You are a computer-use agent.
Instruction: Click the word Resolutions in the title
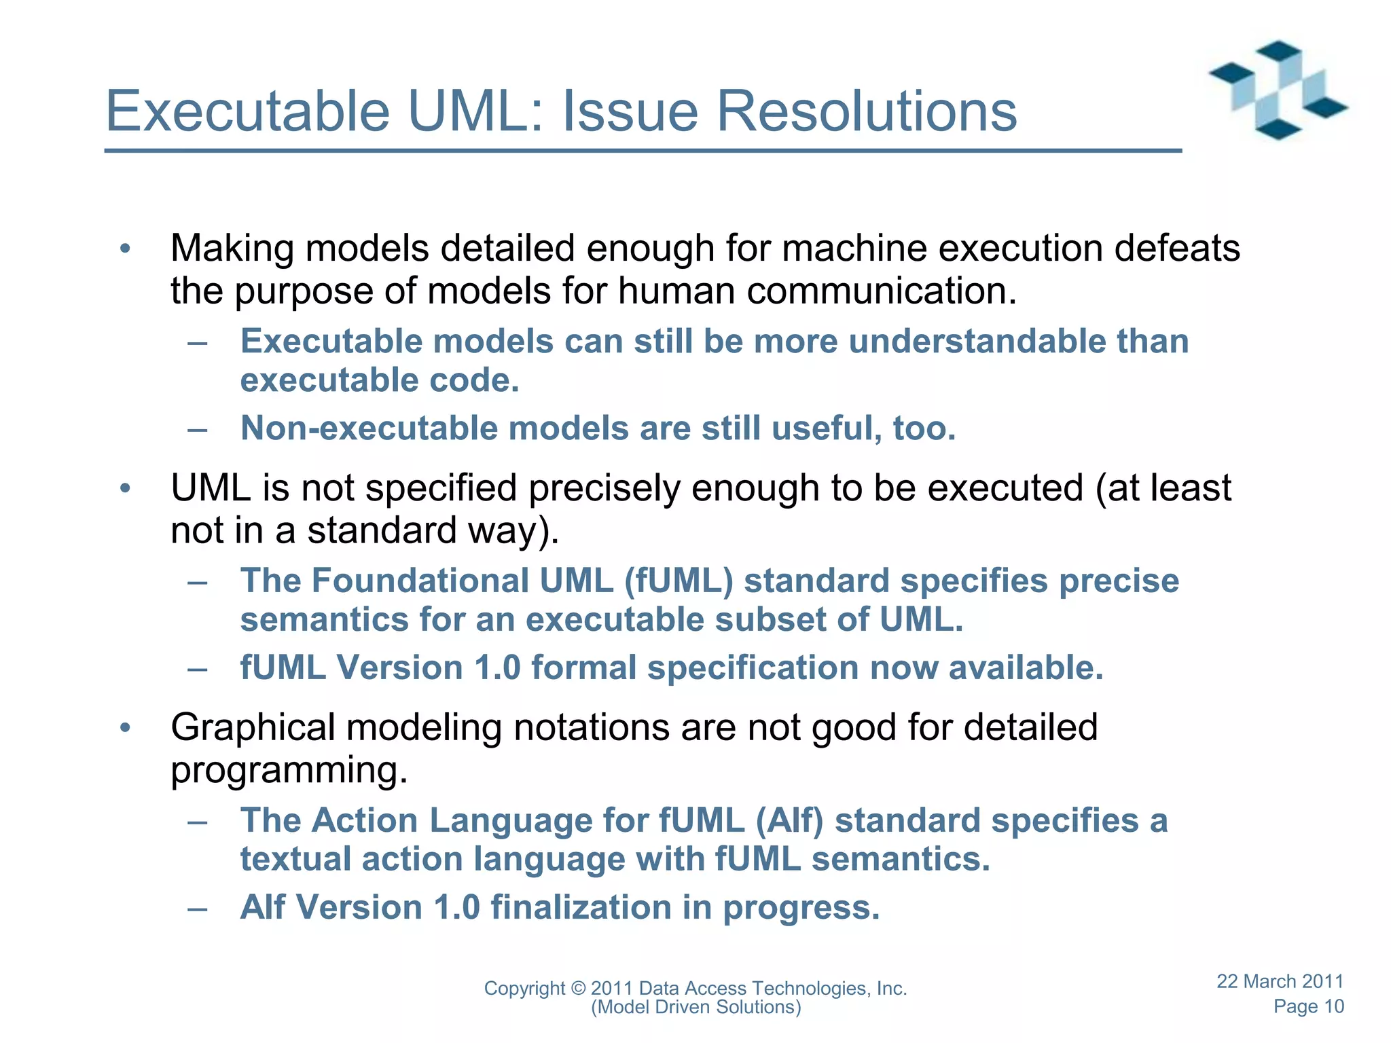(x=866, y=112)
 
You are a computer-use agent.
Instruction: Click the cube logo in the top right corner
(x=1278, y=90)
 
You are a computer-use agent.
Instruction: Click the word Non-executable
(x=369, y=429)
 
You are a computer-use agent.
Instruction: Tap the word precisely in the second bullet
(x=604, y=488)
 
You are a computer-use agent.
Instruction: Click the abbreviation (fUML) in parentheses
(x=679, y=581)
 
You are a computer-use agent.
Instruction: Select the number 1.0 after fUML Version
(x=497, y=668)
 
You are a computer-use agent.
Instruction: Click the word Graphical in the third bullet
(x=253, y=728)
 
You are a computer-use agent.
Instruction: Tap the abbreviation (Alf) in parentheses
(x=789, y=821)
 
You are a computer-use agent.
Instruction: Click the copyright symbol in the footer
(x=578, y=989)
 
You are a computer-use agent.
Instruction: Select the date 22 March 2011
(x=1280, y=982)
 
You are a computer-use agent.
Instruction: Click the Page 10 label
(x=1308, y=1007)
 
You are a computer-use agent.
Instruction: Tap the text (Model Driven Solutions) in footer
(x=695, y=1008)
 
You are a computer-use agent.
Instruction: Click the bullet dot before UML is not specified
(x=125, y=488)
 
